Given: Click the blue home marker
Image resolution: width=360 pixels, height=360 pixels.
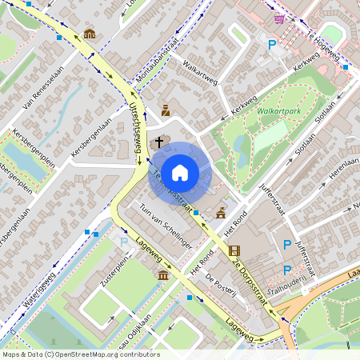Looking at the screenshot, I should [180, 173].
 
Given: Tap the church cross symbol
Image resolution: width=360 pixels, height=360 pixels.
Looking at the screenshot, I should [159, 142].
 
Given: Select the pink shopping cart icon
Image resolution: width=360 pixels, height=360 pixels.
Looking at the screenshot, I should [279, 18].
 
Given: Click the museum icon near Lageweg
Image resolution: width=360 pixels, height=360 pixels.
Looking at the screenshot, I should [163, 276].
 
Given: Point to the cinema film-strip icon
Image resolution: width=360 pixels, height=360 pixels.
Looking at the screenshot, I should [234, 251].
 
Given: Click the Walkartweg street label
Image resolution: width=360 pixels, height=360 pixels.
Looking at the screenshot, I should [200, 70].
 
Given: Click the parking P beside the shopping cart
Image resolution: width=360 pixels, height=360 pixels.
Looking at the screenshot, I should [272, 46].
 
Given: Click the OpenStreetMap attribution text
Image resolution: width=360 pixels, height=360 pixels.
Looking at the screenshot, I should [81, 354].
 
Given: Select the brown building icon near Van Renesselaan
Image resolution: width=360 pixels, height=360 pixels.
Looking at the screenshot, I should [89, 34].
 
